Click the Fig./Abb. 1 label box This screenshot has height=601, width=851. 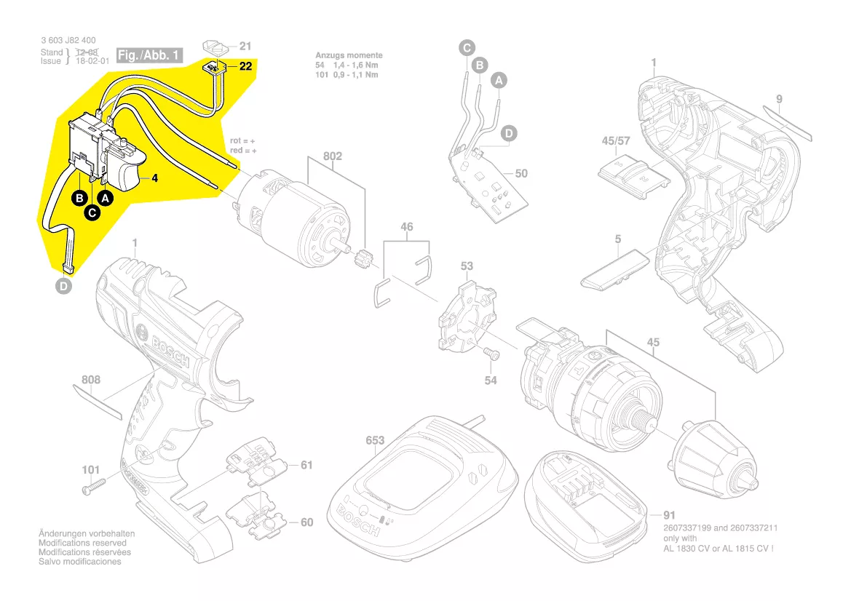pos(149,55)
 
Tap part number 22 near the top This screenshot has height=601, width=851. pos(245,66)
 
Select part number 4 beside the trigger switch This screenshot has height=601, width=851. pos(155,178)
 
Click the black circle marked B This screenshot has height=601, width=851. pos(79,198)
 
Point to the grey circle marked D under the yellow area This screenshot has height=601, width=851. pos(65,287)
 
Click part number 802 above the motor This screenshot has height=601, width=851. pos(333,156)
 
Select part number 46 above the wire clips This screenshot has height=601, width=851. pos(407,227)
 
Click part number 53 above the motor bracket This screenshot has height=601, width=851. pos(467,266)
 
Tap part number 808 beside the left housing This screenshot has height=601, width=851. pos(91,380)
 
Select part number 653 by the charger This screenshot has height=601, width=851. pos(375,441)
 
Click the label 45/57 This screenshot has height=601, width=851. pos(616,140)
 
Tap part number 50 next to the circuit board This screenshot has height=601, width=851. pos(521,174)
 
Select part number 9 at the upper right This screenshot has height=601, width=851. pos(779,99)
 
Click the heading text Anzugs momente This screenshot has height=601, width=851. pos(349,55)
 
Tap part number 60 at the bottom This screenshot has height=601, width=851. pos(306,522)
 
